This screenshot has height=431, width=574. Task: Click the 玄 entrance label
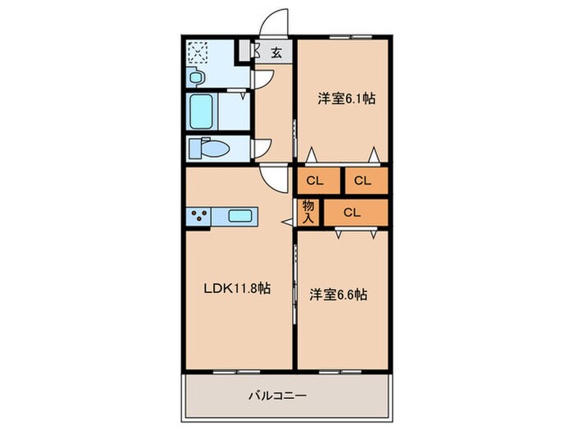[x=276, y=54]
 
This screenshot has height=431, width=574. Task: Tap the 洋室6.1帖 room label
[x=347, y=99]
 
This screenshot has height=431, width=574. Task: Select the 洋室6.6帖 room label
[x=338, y=294]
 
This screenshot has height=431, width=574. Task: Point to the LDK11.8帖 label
[x=238, y=289]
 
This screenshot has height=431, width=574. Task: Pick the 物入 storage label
[x=308, y=212]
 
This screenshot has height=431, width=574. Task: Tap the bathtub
[x=202, y=111]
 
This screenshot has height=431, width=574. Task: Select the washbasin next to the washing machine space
[x=195, y=77]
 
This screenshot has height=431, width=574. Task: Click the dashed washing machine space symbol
[x=198, y=53]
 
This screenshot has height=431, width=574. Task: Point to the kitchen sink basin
[x=242, y=217]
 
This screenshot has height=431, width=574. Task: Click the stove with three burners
[x=199, y=217]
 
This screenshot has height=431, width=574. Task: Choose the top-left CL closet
[x=316, y=181]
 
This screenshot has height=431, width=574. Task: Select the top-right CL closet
[x=364, y=181]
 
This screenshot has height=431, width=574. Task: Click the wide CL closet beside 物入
[x=352, y=212]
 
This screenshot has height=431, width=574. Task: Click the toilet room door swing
[x=261, y=148]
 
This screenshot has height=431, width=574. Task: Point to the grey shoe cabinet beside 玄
[x=245, y=52]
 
